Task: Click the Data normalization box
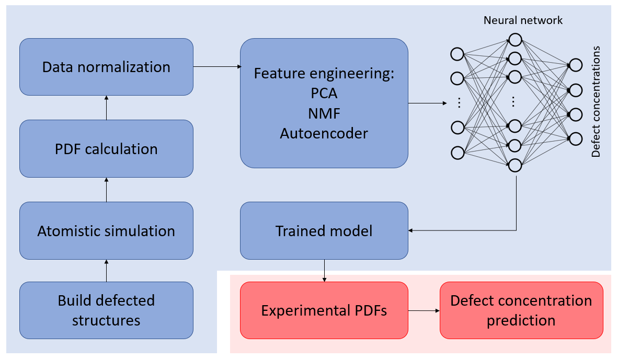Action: [106, 67]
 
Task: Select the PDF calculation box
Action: [106, 149]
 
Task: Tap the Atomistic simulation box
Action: [106, 231]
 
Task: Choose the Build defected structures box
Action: [106, 310]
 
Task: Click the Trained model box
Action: [324, 231]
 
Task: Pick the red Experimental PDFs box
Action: [324, 310]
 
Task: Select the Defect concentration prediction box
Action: [521, 310]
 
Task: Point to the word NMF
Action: [324, 113]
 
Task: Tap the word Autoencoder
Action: [324, 133]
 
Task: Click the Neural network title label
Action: [523, 20]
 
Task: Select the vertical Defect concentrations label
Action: [596, 102]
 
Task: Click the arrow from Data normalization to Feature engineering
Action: [216, 66]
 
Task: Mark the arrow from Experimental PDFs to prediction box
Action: [424, 311]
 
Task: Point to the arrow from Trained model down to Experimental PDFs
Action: [325, 271]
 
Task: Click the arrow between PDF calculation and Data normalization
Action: [106, 108]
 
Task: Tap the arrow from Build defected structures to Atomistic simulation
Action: [106, 271]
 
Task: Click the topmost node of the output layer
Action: [575, 65]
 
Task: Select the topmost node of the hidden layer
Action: [515, 40]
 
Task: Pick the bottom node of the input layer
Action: [458, 153]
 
